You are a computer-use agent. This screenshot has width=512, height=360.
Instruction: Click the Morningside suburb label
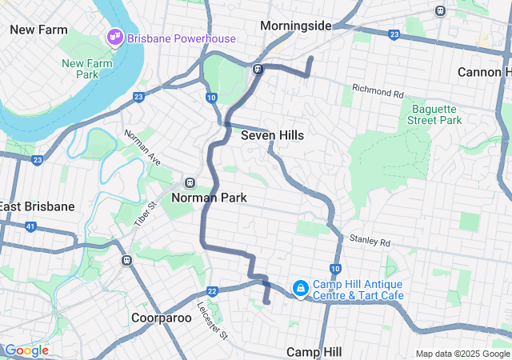pyautogui.click(x=296, y=26)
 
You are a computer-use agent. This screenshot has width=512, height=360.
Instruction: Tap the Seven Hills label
pyautogui.click(x=272, y=135)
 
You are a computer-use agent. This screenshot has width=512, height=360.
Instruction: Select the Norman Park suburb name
pyautogui.click(x=209, y=198)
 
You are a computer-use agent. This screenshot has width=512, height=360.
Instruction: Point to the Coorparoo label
pyautogui.click(x=161, y=318)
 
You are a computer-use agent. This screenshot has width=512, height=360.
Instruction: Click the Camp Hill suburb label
pyautogui.click(x=314, y=352)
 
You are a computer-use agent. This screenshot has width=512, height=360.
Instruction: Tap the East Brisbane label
pyautogui.click(x=37, y=206)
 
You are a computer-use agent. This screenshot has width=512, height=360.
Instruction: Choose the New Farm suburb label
pyautogui.click(x=38, y=29)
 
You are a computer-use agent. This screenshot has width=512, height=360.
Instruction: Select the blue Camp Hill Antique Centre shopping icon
pyautogui.click(x=300, y=287)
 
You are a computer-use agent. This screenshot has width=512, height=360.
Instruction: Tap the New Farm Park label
pyautogui.click(x=80, y=69)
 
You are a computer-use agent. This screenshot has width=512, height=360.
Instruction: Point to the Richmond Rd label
pyautogui.click(x=377, y=88)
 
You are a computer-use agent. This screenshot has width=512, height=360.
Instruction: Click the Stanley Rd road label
pyautogui.click(x=369, y=239)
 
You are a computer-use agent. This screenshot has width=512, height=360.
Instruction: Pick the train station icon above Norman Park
pyautogui.click(x=190, y=182)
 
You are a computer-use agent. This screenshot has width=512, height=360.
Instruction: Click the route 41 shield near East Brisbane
pyautogui.click(x=30, y=226)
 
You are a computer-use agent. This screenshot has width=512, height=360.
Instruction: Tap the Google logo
pyautogui.click(x=26, y=350)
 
